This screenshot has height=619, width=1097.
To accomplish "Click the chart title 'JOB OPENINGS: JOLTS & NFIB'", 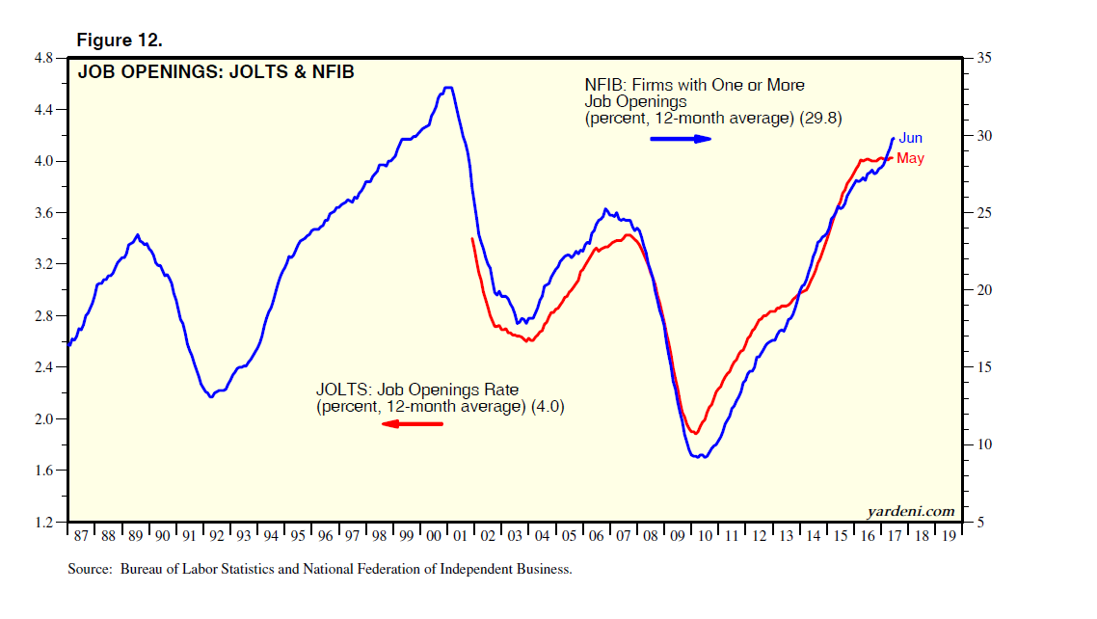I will click(x=215, y=71).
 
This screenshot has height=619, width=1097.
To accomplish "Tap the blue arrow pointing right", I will click(x=681, y=139).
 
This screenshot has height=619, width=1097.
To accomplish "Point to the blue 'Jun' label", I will click(x=911, y=139).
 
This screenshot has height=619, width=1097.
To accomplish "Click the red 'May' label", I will click(x=910, y=158).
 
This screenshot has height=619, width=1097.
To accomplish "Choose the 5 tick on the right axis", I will click(x=979, y=522).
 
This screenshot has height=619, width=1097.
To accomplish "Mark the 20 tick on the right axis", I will click(x=983, y=290).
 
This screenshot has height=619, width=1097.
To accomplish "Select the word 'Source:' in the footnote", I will click(x=91, y=569).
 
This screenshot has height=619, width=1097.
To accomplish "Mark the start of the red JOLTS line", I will click(x=472, y=238).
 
